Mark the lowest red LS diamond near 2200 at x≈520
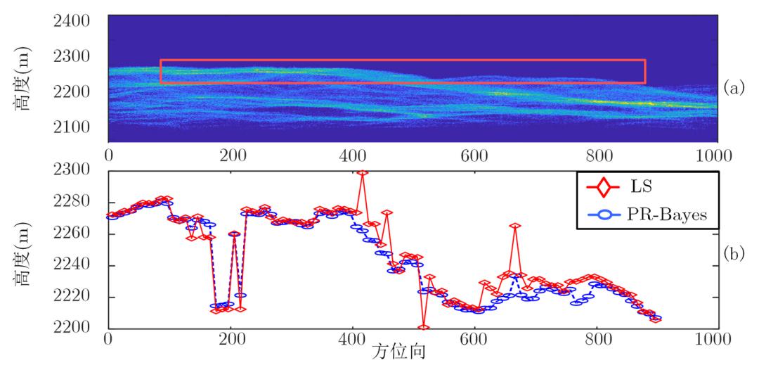click(423, 327)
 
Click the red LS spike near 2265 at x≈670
click(515, 227)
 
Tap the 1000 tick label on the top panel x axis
click(716, 154)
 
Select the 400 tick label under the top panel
click(351, 154)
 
